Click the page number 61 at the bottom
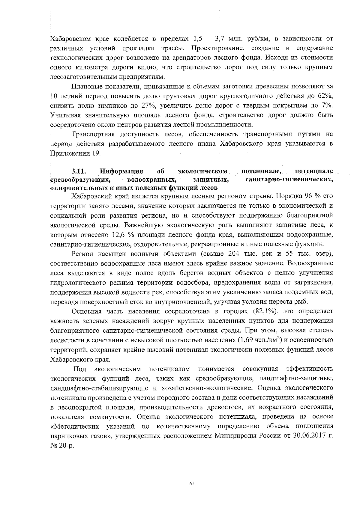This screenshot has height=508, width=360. (192, 483)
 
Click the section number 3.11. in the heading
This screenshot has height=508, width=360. (79, 171)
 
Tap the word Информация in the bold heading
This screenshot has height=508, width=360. (121, 171)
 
